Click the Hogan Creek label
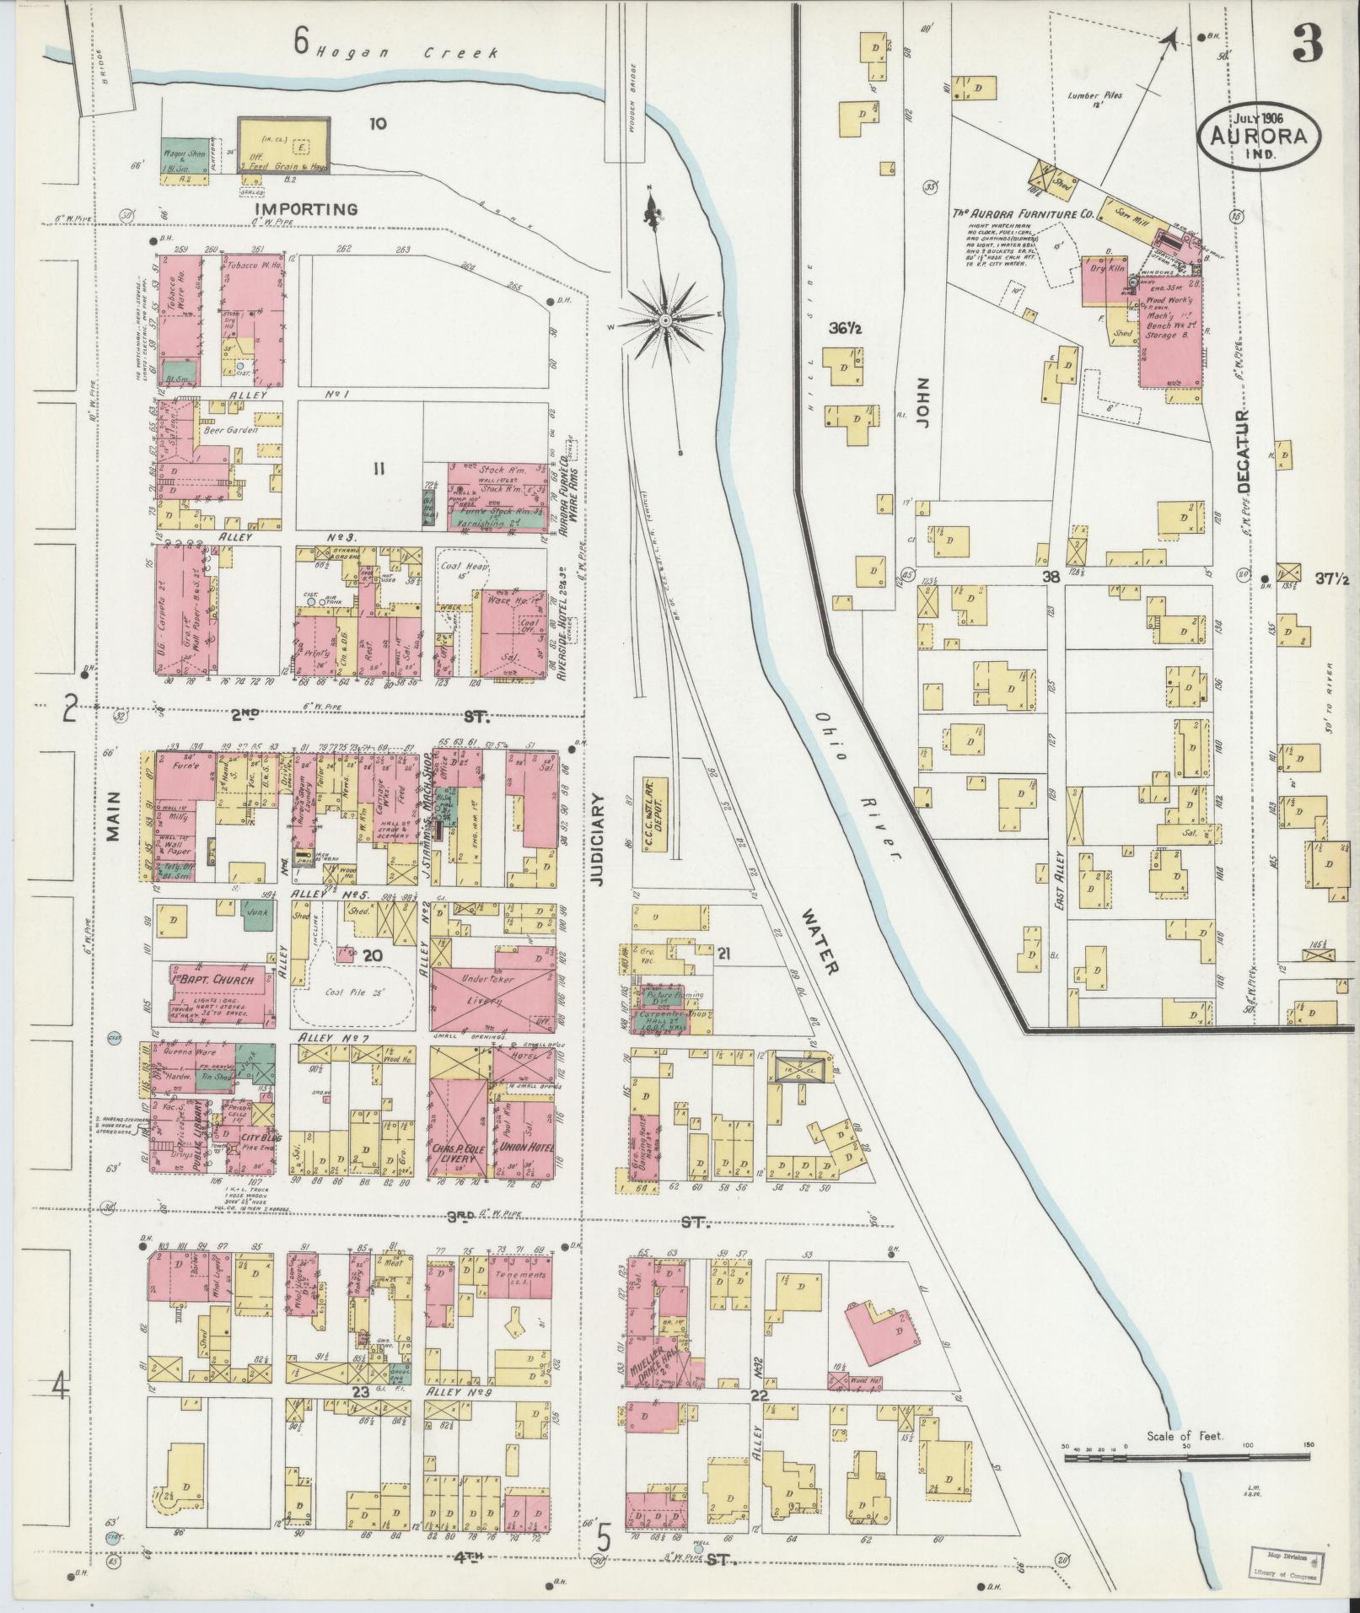(408, 52)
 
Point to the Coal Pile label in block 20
(354, 992)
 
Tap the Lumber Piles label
(1094, 97)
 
